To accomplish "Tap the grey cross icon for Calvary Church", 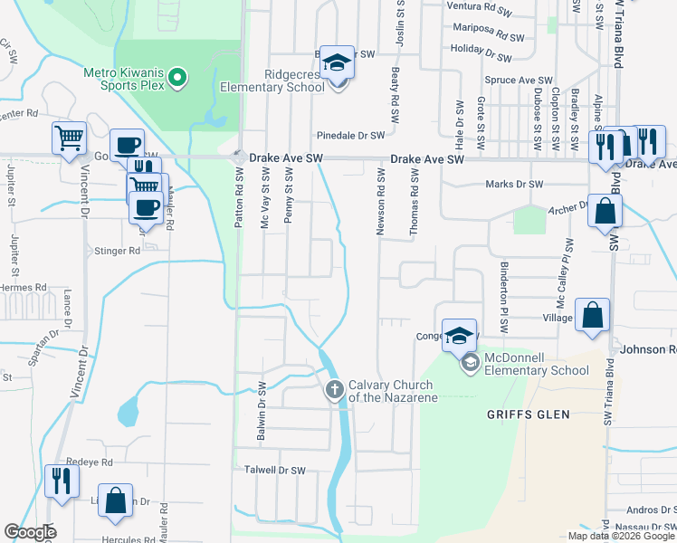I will [334, 390].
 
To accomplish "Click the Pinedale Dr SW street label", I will [350, 135].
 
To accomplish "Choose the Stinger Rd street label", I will [117, 252].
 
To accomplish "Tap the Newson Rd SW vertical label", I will [380, 205].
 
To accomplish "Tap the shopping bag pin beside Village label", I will [592, 316].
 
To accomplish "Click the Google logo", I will [30, 532].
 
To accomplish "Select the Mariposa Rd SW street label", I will [489, 38].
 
